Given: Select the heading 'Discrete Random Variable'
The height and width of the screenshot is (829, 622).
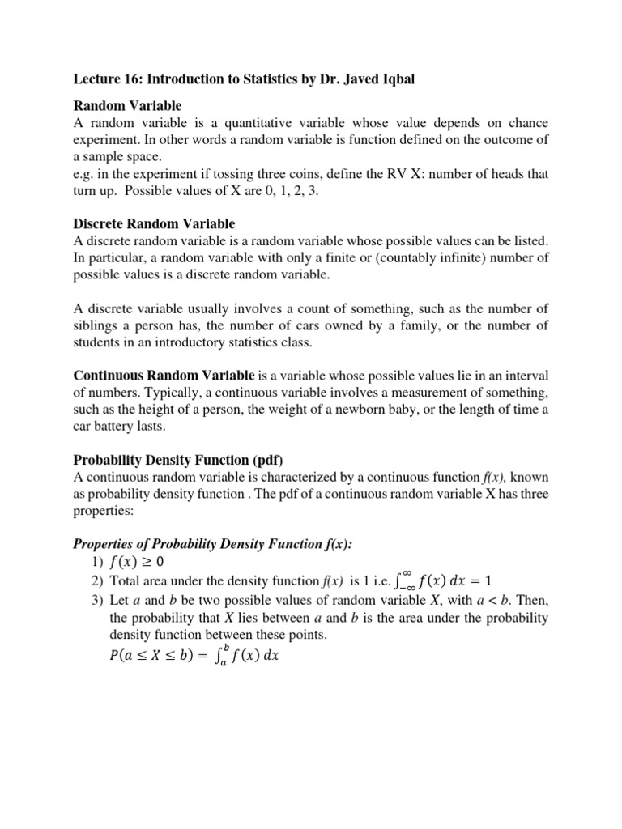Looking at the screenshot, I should pos(154,223).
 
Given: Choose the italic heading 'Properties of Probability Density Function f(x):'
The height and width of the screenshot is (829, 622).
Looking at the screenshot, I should pos(213,544).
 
